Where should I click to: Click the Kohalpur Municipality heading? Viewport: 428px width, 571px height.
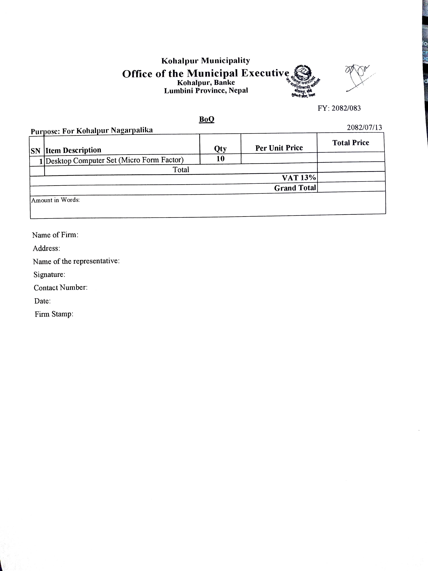[x=206, y=61]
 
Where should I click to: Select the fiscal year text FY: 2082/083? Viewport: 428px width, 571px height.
[x=339, y=108]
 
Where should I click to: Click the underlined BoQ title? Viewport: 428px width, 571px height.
[x=207, y=119]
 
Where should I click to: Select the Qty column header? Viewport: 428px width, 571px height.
[x=220, y=149]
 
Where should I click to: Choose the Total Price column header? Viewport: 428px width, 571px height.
[x=351, y=143]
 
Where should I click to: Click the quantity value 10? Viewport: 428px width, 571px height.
[x=220, y=159]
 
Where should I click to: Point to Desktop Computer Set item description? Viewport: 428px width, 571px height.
[x=115, y=160]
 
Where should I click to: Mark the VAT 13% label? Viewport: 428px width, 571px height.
[x=299, y=178]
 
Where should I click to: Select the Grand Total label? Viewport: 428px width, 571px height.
[x=295, y=188]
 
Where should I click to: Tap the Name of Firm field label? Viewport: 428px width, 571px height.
[x=55, y=235]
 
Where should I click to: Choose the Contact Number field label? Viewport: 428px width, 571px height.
[x=61, y=288]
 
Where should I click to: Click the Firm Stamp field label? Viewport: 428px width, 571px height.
[x=54, y=314]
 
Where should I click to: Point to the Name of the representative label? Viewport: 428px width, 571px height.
[x=76, y=261]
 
